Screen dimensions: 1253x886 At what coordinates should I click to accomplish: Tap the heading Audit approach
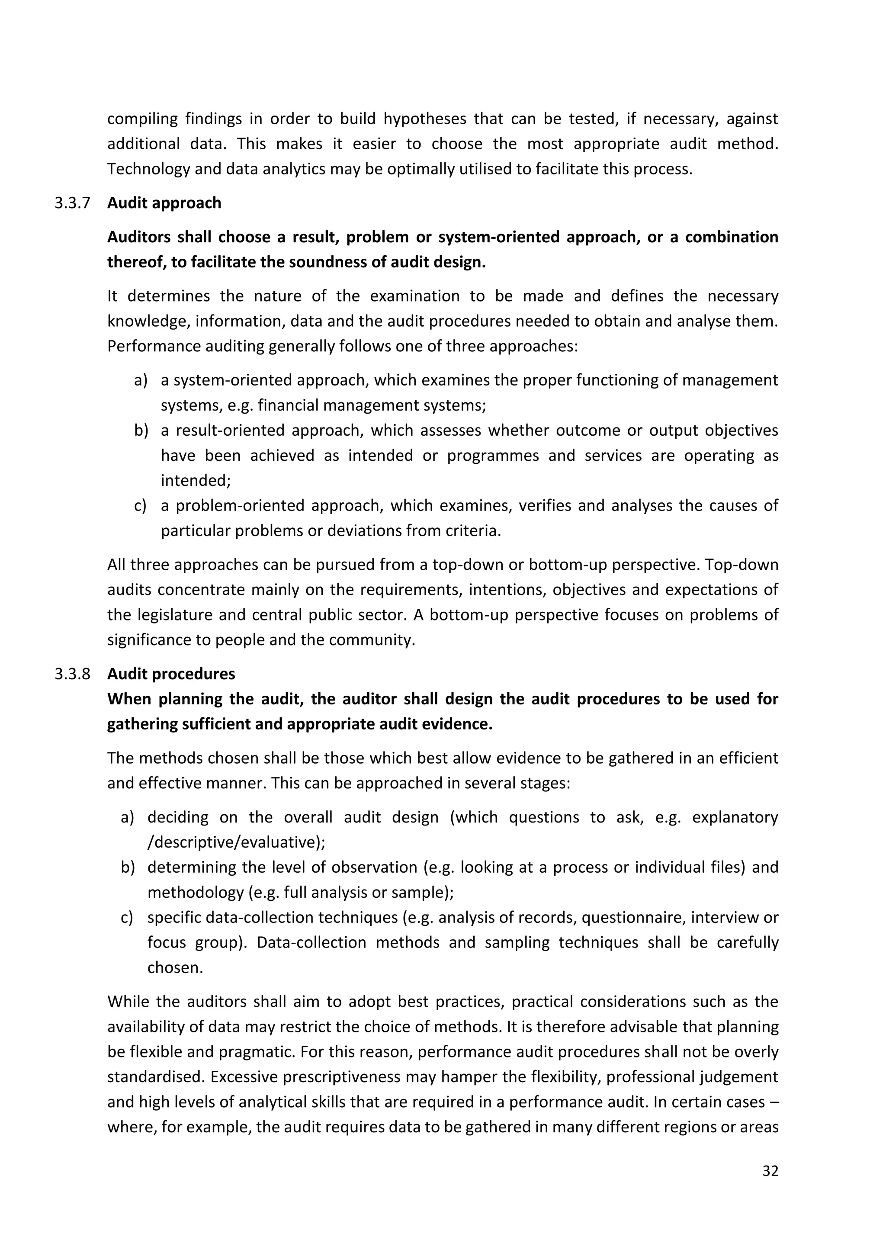[164, 203]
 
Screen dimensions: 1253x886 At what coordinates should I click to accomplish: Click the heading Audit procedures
[171, 674]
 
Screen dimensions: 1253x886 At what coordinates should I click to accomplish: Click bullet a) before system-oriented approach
[141, 380]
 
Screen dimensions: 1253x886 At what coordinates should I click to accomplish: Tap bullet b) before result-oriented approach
[141, 431]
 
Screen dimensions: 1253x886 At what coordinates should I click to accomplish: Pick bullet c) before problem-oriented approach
[140, 506]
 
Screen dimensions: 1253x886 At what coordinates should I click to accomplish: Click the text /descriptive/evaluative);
[236, 842]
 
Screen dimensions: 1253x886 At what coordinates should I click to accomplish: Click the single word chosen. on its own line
[175, 967]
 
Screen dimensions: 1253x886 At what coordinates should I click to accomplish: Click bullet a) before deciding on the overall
[127, 817]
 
